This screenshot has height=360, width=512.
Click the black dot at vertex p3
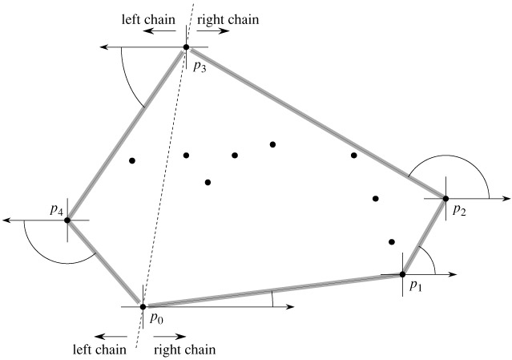(x=186, y=47)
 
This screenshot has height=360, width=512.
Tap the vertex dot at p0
(x=143, y=306)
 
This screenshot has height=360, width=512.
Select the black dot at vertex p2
(x=445, y=198)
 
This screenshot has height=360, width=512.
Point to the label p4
(x=56, y=210)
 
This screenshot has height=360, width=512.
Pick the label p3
(x=199, y=67)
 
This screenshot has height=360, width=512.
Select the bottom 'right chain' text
(x=183, y=350)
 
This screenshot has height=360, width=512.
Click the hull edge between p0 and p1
(x=272, y=290)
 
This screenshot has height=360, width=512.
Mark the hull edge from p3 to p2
(x=315, y=123)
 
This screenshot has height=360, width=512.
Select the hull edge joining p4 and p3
(x=127, y=133)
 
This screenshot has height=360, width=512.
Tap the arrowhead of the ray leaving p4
(x=7, y=220)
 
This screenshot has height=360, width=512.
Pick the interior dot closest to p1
(x=392, y=241)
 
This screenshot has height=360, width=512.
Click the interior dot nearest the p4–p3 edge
(x=132, y=161)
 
